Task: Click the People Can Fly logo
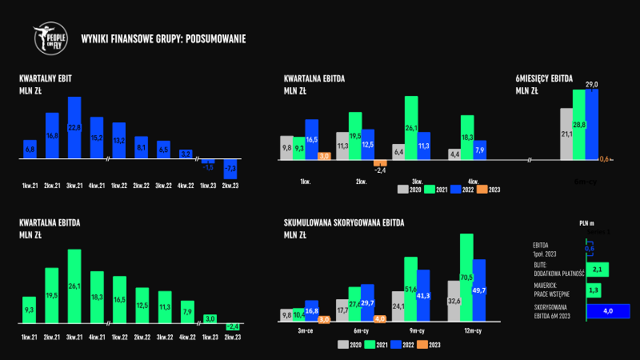[50, 38]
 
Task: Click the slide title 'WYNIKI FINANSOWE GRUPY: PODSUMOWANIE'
[163, 38]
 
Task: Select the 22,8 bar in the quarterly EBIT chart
[74, 128]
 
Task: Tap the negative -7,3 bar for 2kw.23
[230, 169]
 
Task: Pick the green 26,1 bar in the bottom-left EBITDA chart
[74, 286]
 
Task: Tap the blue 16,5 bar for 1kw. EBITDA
[312, 140]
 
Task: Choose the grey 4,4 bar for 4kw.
[454, 154]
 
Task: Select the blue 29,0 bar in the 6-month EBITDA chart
[591, 124]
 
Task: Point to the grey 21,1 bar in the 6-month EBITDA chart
[566, 134]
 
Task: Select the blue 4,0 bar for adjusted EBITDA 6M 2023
[608, 311]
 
